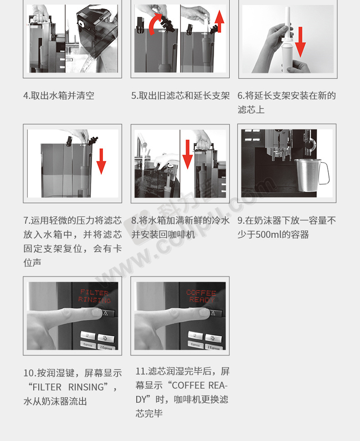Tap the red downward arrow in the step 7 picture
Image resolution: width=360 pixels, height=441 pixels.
coord(101,161)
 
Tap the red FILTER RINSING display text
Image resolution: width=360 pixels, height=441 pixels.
coord(94,296)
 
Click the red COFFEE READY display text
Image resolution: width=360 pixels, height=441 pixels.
coord(201,296)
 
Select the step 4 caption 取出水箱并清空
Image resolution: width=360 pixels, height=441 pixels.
coord(62,96)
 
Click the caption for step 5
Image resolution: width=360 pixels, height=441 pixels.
coord(180,96)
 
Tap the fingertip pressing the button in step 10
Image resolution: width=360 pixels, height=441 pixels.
coord(97,313)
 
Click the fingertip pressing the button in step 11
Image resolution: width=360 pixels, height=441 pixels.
coord(204,313)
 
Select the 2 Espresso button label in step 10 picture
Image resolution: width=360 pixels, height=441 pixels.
coord(106,347)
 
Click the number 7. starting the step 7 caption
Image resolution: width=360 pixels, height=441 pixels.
coord(27,220)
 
